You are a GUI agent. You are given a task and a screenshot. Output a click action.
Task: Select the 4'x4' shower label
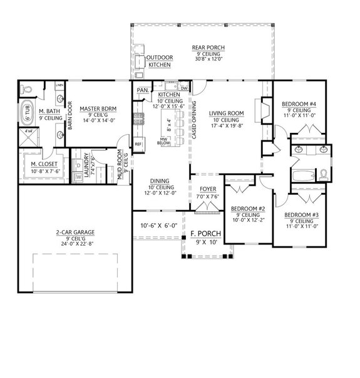[x=28, y=132]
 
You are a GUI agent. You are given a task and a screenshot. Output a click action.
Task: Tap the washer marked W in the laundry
[x=79, y=177]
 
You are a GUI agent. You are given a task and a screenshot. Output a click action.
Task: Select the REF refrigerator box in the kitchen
[x=138, y=144]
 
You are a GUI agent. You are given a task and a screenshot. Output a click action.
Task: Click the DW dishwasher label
[x=184, y=88]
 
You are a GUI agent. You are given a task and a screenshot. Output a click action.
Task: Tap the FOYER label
[x=207, y=189]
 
